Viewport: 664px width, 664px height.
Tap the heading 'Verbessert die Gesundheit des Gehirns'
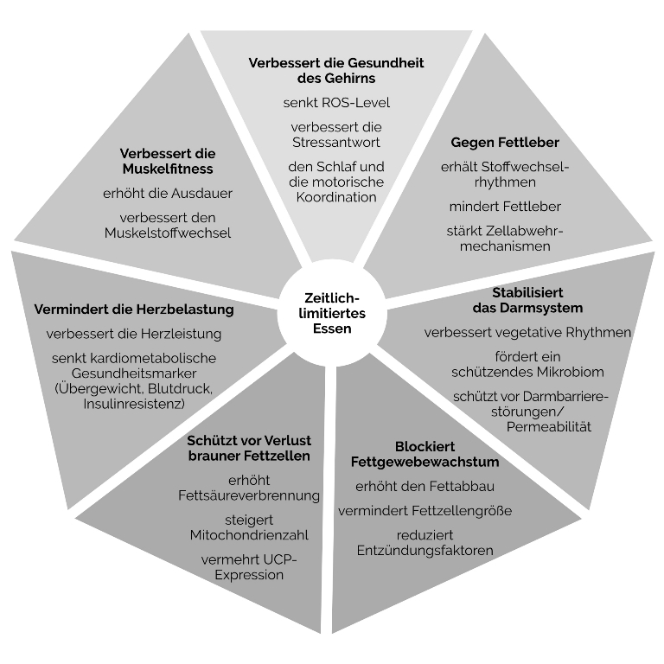[x=336, y=71]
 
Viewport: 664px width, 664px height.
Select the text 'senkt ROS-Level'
[x=336, y=103]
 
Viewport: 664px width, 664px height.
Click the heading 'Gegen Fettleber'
[x=505, y=142]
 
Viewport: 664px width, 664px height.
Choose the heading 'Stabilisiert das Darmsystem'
[x=527, y=300]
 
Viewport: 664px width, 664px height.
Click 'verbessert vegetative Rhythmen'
[x=527, y=332]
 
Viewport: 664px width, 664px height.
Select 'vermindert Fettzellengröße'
[x=425, y=511]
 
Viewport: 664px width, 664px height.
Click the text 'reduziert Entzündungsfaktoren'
[x=425, y=543]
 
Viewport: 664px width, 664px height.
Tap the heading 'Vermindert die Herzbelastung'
[x=134, y=309]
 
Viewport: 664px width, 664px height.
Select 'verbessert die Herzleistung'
[x=134, y=334]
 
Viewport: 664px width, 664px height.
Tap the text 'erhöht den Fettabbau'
[x=425, y=486]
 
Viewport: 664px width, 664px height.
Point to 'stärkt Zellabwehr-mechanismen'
[x=505, y=238]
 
